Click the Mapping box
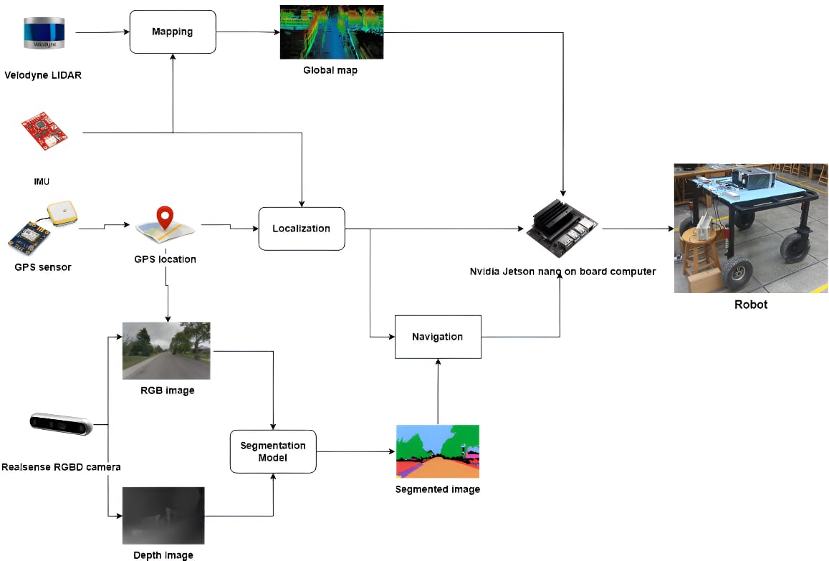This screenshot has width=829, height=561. coord(173,32)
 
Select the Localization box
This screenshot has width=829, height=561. coord(302,229)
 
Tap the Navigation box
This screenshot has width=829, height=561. coord(438,337)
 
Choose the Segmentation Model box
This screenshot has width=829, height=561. coord(273,451)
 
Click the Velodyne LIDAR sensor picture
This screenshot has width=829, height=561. coord(44,33)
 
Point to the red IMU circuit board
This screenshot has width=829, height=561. coord(44,130)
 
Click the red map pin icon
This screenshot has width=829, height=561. coord(165,217)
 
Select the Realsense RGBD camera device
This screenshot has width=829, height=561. coord(62,423)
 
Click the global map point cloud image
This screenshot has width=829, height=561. coord(332,32)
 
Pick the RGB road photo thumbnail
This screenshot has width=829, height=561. coord(166,350)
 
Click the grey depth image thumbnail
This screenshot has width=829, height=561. coord(163,516)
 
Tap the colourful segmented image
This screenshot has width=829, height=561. coord(438,451)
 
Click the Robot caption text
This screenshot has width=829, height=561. coord(751,305)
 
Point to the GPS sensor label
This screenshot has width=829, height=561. coord(43,267)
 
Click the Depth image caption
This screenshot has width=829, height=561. coord(163,555)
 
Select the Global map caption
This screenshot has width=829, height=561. coord(330,70)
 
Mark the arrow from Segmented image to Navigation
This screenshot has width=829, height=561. coord(438,392)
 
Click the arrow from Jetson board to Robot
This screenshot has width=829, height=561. coord(638,229)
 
